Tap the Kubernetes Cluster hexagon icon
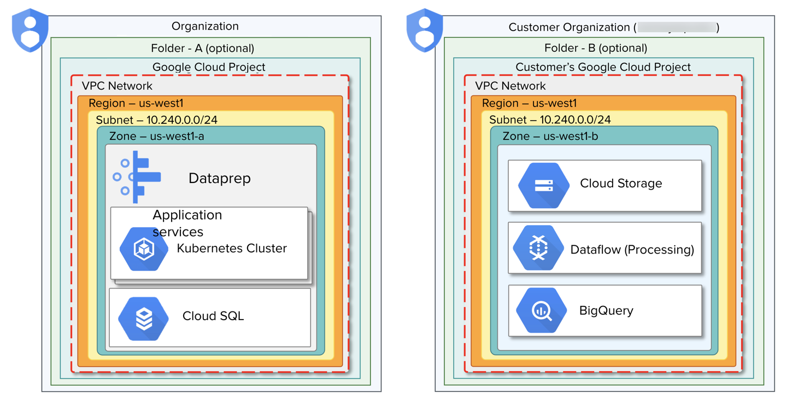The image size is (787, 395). click(x=144, y=249)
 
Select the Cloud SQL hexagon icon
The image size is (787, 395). click(x=144, y=319)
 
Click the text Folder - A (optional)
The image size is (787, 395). click(x=203, y=48)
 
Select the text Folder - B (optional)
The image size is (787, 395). click(x=596, y=48)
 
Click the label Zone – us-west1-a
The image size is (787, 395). click(x=157, y=136)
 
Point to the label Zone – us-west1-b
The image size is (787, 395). click(x=550, y=136)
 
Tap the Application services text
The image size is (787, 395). click(x=187, y=223)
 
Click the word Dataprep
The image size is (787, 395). click(x=219, y=178)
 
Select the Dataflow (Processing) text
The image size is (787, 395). click(x=632, y=250)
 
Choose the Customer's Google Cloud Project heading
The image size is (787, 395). click(x=603, y=67)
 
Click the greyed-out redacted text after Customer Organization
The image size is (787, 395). click(x=677, y=27)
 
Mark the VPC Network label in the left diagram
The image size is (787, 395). click(x=117, y=86)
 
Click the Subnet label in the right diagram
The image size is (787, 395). click(x=550, y=120)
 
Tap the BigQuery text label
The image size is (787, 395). click(x=606, y=311)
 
